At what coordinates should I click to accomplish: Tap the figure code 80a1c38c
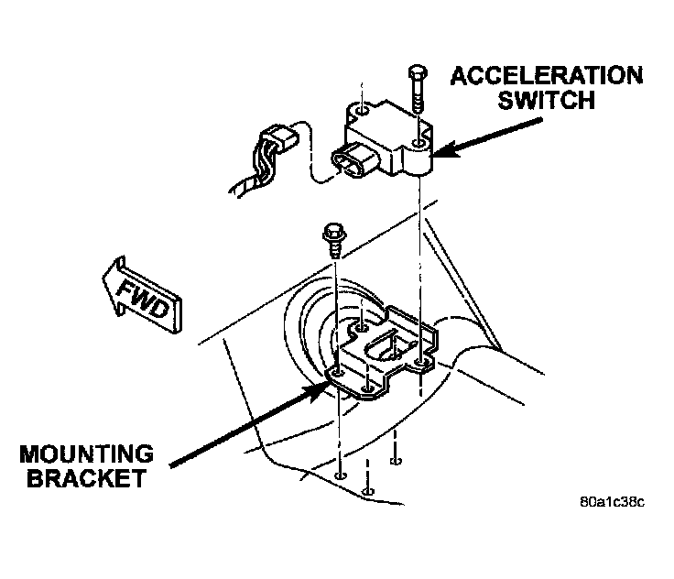click(613, 502)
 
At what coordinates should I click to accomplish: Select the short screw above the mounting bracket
click(332, 240)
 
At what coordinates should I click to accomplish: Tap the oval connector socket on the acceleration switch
click(352, 163)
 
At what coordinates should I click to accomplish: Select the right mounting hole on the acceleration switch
click(419, 145)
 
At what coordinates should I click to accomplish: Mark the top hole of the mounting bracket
click(364, 324)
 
